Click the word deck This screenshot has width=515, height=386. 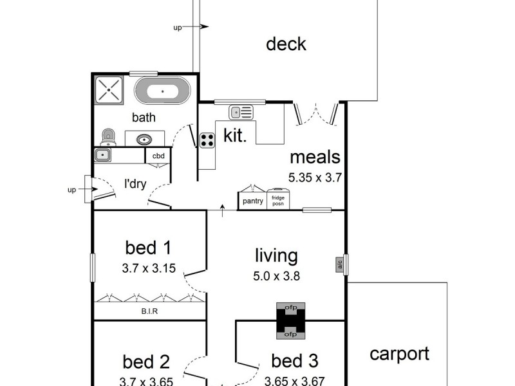click(x=286, y=44)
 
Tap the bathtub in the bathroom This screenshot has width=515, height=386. click(x=162, y=91)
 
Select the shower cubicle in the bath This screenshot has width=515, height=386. click(x=109, y=90)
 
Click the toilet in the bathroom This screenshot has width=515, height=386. click(x=108, y=136)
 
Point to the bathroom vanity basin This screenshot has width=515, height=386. click(x=144, y=139)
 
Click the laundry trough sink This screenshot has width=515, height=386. click(x=102, y=154)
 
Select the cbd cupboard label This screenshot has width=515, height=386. click(x=158, y=156)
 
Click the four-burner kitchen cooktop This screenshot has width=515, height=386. click(x=207, y=140)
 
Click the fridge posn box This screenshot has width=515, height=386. click(x=278, y=200)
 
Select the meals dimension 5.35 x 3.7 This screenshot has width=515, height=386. click(x=315, y=178)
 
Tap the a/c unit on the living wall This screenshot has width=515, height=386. click(x=339, y=264)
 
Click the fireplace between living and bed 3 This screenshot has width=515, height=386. click(x=290, y=320)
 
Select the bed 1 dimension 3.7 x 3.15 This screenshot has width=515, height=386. click(x=148, y=269)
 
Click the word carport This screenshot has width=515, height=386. click(x=399, y=354)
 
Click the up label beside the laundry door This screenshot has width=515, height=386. click(x=72, y=190)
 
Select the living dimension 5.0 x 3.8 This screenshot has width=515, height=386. click(x=276, y=277)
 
